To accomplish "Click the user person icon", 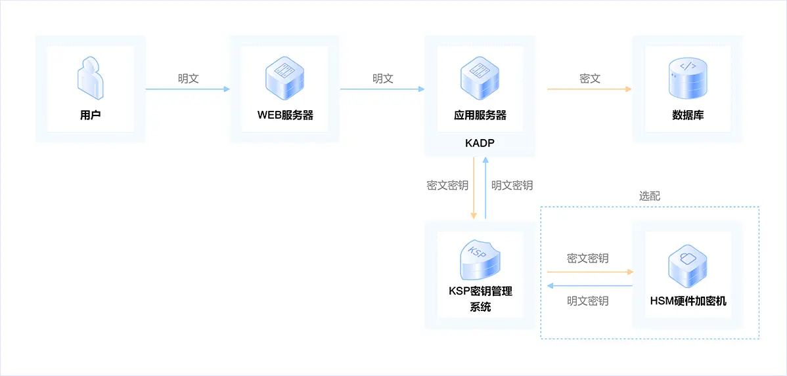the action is pos(91,78).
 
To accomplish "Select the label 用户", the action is pos(91,115).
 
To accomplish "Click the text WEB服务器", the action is pos(285,115).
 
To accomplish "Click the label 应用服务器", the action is pos(480,115).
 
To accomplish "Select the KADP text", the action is pos(480,143).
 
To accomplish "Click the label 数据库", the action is pos(688,115).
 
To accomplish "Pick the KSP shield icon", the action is pos(480,261).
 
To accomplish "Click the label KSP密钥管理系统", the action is pos(480,299).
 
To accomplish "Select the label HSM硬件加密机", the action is pos(688,302).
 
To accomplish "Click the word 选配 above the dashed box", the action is pos(650,196).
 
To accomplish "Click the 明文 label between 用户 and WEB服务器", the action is pos(189,79).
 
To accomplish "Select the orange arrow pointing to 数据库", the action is pos(589,89).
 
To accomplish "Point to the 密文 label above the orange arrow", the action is pos(590,79).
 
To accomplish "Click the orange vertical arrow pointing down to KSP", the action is pos(473,188).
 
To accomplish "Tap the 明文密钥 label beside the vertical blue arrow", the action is pos(512,186).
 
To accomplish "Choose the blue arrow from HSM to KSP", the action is pos(590,285).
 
